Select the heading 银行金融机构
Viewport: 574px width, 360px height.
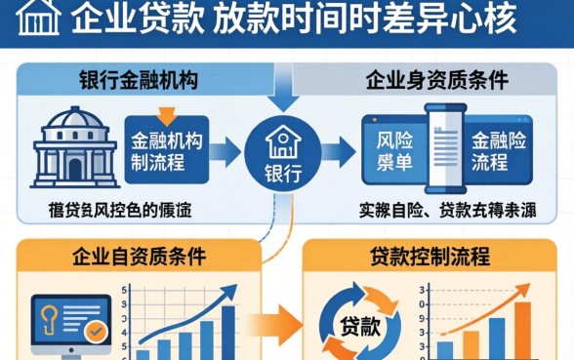(x=138, y=80)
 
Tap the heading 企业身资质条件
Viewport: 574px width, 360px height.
(x=426, y=80)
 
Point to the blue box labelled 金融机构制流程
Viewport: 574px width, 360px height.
(x=166, y=149)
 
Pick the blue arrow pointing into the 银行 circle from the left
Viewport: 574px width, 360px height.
(x=225, y=150)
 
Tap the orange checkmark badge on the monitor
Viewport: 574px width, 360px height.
(x=96, y=332)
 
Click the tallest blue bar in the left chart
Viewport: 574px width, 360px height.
(x=228, y=333)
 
